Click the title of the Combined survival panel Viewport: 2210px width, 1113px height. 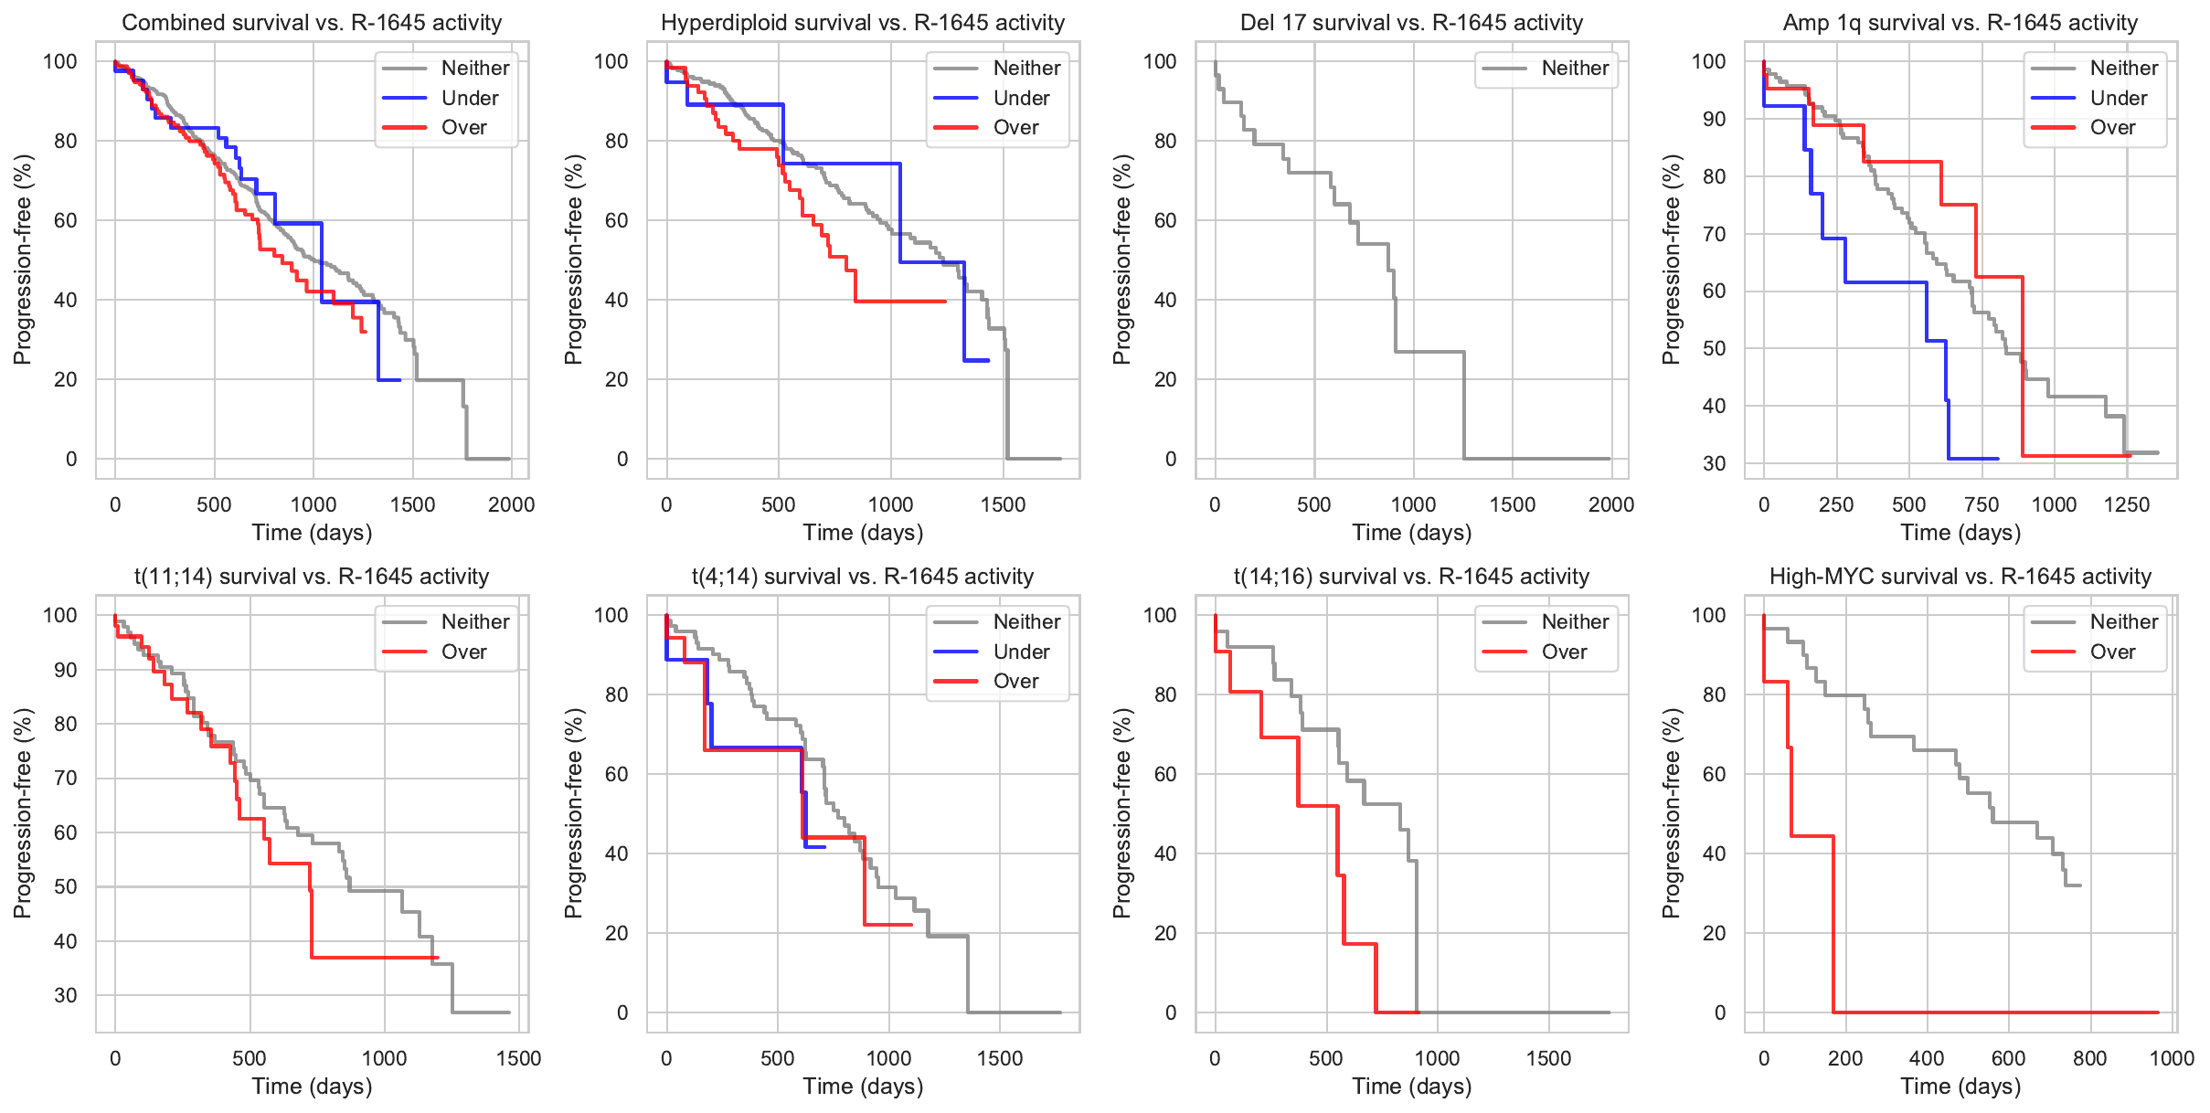click(312, 23)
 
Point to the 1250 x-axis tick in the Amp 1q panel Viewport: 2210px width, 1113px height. click(2127, 504)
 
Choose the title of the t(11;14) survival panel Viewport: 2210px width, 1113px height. click(312, 577)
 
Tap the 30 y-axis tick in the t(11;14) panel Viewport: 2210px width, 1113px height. click(65, 995)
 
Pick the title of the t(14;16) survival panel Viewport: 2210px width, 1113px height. click(1411, 577)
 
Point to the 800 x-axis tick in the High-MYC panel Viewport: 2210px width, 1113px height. click(2089, 1058)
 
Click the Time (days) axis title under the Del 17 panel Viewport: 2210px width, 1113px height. click(1411, 533)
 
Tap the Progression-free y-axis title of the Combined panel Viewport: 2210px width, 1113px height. click(23, 260)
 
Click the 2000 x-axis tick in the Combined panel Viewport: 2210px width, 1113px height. click(511, 504)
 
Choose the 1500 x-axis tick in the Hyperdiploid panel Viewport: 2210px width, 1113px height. click(1003, 504)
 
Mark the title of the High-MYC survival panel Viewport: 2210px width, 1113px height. click(1960, 577)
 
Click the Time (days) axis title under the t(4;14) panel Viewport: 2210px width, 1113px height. click(863, 1086)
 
